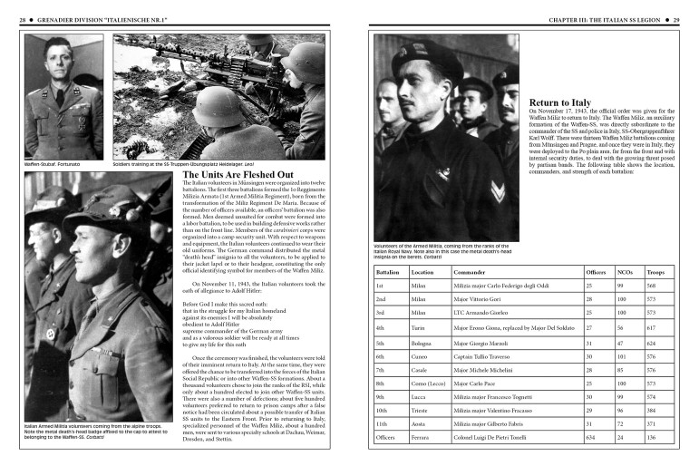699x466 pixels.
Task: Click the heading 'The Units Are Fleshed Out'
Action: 238,174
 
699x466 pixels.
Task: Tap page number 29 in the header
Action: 688,18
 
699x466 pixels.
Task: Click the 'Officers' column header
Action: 596,271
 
